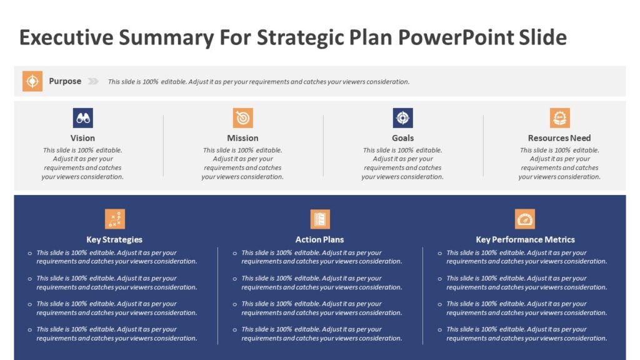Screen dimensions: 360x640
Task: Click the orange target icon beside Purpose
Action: [32, 81]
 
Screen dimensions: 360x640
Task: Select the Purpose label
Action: [65, 81]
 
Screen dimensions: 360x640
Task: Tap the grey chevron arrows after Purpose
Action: [93, 81]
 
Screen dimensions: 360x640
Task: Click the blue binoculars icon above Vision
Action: [82, 117]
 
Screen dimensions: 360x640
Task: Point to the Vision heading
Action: [82, 138]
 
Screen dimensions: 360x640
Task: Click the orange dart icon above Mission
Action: [242, 117]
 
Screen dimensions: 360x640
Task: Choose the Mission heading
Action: [242, 138]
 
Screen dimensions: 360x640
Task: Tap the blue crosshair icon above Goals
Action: [402, 117]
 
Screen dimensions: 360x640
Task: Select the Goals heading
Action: [402, 138]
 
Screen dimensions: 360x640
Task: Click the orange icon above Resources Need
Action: [559, 117]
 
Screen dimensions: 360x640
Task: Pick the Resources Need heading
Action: [559, 138]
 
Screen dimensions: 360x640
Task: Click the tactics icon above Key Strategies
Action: [114, 219]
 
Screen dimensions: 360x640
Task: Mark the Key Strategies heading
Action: [114, 239]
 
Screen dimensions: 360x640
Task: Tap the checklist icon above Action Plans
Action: [320, 219]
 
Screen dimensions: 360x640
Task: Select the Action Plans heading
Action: [320, 239]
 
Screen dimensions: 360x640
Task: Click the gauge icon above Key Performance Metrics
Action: [525, 219]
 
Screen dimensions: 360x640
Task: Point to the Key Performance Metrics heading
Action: [525, 239]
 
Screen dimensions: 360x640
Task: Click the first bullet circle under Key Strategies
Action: [29, 253]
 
